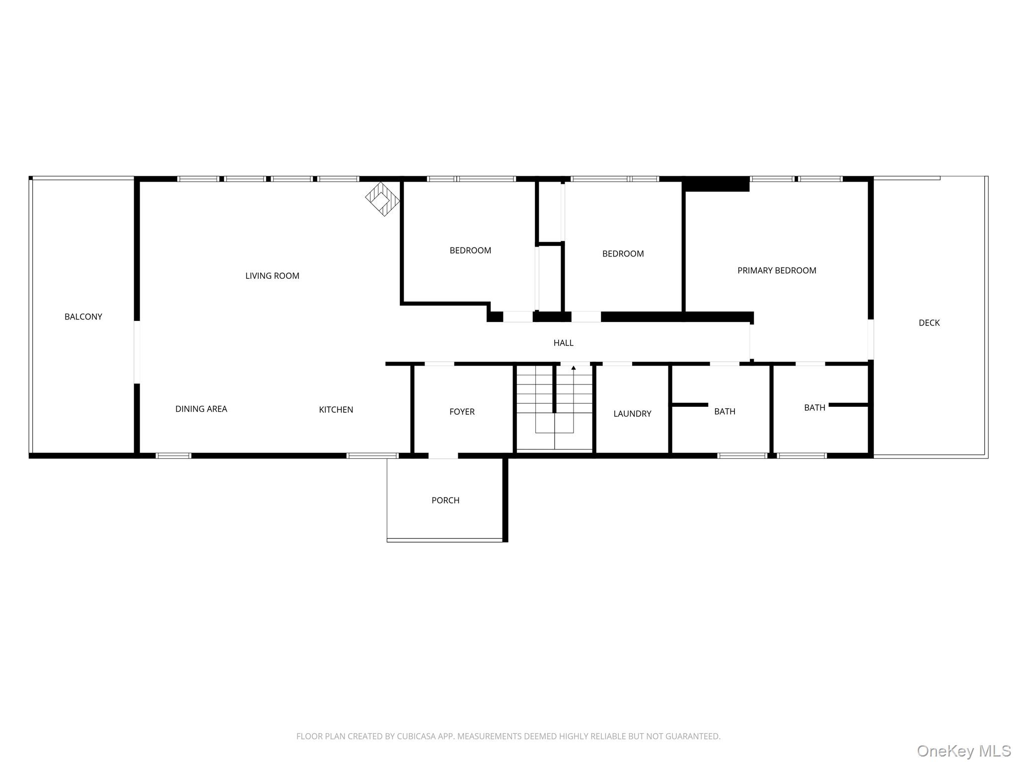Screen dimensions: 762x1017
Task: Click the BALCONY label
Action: [x=83, y=317]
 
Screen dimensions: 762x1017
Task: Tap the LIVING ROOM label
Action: [x=272, y=276]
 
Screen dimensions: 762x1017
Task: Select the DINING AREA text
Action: [x=201, y=409]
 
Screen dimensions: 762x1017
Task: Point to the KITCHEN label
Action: [x=336, y=410]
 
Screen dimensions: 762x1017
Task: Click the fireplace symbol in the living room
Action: [x=382, y=199]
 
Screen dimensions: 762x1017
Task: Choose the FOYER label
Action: [x=462, y=412]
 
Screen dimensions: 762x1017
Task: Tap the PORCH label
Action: [x=445, y=501]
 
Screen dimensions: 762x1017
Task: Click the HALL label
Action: [x=563, y=343]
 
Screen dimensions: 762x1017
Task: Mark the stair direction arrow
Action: [x=574, y=368]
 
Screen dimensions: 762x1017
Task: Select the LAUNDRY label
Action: [x=632, y=414]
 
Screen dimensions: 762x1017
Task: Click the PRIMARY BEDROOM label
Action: [x=777, y=271]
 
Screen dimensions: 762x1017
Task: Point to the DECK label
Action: [x=929, y=323]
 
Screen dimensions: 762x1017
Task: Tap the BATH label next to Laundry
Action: [x=725, y=412]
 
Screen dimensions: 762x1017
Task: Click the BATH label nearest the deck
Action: [x=814, y=408]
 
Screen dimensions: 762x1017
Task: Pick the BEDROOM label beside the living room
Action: [x=470, y=251]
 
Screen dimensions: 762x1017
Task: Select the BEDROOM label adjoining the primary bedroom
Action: [x=623, y=254]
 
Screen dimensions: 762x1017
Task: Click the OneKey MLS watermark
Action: [x=964, y=751]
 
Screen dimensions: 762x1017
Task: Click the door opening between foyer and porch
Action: [x=443, y=455]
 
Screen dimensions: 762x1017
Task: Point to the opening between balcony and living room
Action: [x=137, y=352]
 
